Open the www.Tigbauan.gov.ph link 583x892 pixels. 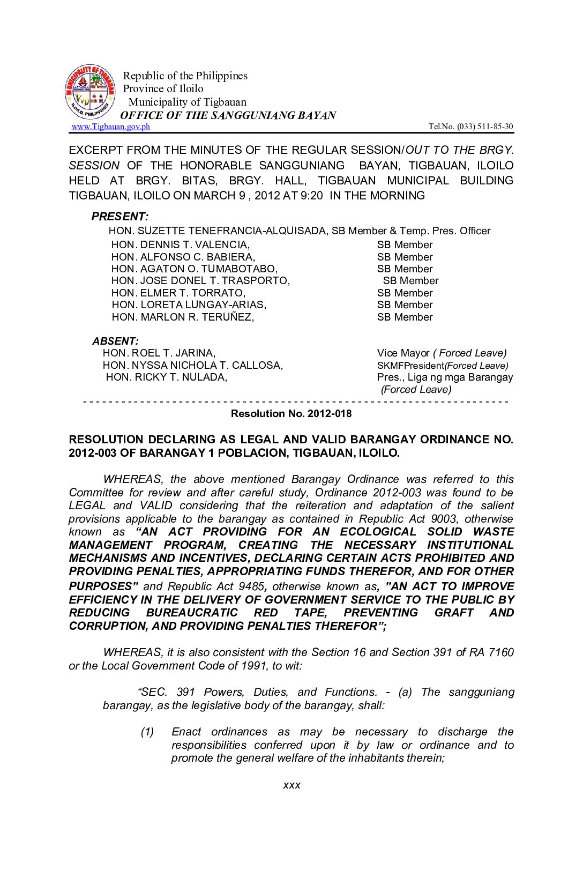coord(110,127)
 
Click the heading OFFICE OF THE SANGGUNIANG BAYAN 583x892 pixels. coord(228,115)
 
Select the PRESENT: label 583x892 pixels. coord(119,217)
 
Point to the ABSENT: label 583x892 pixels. coord(115,341)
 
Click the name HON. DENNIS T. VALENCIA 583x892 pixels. coord(180,245)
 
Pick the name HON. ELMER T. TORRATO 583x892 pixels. coord(178,293)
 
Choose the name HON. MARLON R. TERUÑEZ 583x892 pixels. coord(183,317)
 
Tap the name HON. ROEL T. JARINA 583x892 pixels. coord(159,353)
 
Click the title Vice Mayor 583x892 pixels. coord(403,353)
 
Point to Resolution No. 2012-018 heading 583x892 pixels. coord(291,414)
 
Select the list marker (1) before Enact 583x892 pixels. coord(147,732)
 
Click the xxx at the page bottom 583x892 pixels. coord(291,785)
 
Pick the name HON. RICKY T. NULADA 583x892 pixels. coord(166,377)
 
